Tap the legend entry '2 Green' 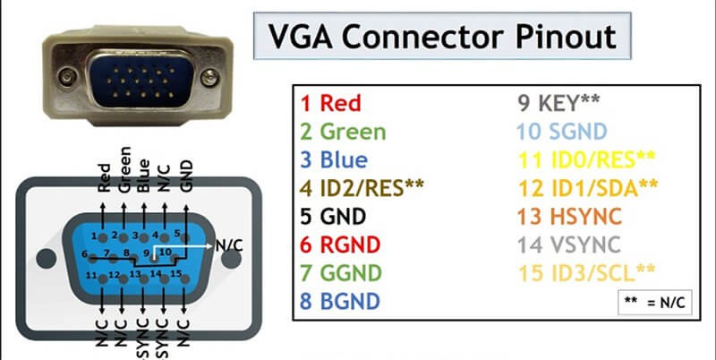click(x=343, y=132)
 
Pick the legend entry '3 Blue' click(x=333, y=160)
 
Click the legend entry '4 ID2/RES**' click(x=362, y=188)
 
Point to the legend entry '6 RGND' click(x=339, y=244)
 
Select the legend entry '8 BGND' click(x=339, y=300)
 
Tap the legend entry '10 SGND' click(x=551, y=132)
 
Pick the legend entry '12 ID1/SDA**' click(x=572, y=188)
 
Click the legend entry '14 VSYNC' click(x=556, y=244)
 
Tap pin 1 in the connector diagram click(x=95, y=236)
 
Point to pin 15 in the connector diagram click(x=177, y=272)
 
